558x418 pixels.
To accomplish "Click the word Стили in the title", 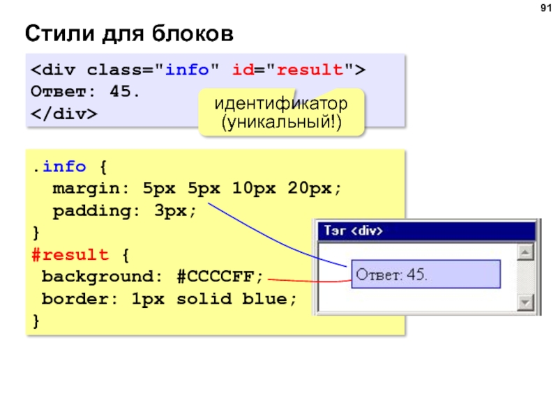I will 52,33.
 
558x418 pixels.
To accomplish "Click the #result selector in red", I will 69,254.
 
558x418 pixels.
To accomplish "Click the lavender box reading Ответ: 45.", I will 425,274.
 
